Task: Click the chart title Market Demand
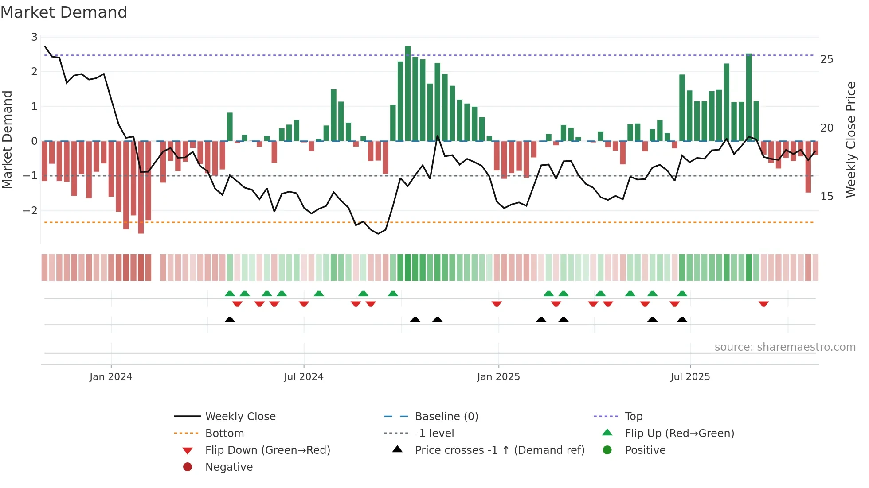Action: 64,12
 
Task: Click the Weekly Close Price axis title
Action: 850,139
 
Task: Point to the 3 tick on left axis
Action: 34,37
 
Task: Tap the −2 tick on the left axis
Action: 31,211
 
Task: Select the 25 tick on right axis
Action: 826,59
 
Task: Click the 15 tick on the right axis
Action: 826,197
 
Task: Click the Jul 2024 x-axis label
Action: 304,377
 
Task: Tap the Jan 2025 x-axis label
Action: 498,377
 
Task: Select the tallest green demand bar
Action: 407,93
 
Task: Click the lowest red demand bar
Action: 141,187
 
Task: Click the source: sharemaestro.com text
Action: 785,347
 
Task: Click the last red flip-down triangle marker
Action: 763,304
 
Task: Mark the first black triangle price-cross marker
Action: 230,319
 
